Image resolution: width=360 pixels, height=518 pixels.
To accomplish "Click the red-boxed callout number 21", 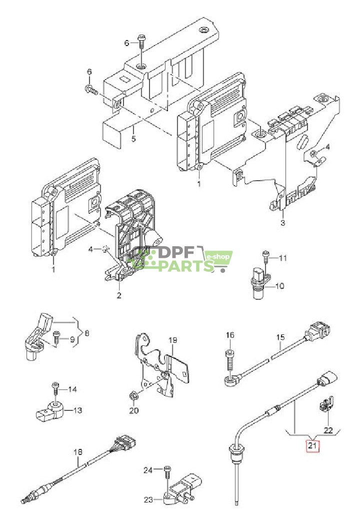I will click(x=312, y=444).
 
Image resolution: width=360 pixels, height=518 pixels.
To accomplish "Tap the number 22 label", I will click(x=327, y=430).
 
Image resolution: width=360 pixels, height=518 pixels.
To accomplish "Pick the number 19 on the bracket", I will click(x=172, y=340).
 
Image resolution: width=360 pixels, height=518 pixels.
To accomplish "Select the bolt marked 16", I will click(x=229, y=357).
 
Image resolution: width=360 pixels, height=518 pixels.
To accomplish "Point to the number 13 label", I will click(x=77, y=410).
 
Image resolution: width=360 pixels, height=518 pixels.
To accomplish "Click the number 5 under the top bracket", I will click(x=133, y=139).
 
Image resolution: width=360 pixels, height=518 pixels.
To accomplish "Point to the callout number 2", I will click(x=119, y=295).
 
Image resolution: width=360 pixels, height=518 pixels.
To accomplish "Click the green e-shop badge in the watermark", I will click(x=219, y=257).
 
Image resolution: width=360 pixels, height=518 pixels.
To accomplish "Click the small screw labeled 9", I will click(x=56, y=338).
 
